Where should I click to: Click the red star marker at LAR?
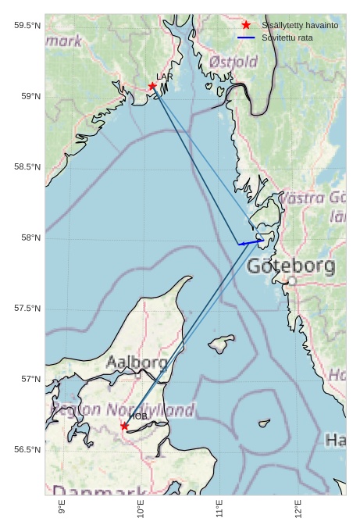click(152, 86)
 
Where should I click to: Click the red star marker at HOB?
click(124, 426)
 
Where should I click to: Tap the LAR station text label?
click(164, 77)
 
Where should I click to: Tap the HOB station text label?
click(138, 416)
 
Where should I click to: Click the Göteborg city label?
click(290, 266)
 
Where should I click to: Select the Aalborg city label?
click(137, 362)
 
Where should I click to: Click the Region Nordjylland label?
click(122, 409)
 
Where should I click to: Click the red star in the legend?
click(246, 25)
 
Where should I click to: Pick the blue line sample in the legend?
click(246, 37)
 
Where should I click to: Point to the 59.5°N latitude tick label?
click(27, 26)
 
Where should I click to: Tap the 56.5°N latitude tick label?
click(27, 450)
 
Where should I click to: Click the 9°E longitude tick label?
click(62, 509)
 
